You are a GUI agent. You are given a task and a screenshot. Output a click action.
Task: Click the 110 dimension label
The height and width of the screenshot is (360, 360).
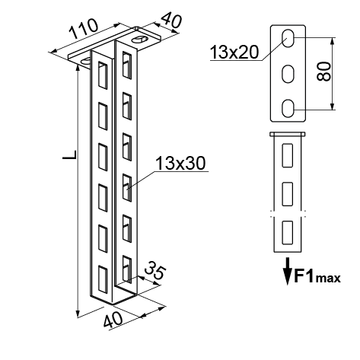pyautogui.click(x=84, y=29)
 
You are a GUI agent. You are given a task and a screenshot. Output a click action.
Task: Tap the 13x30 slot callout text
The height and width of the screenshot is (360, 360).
pyautogui.click(x=180, y=163)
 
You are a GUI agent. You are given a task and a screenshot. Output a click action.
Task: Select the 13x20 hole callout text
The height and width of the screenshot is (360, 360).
pyautogui.click(x=234, y=52)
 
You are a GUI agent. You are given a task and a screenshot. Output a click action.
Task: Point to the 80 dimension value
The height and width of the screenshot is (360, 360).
pyautogui.click(x=324, y=72)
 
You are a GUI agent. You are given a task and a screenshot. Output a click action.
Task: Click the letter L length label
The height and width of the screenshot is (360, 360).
pyautogui.click(x=69, y=155)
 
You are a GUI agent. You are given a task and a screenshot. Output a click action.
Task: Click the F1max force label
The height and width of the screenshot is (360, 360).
pyautogui.click(x=317, y=276)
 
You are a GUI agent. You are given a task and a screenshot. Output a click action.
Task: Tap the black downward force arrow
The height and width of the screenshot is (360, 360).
pyautogui.click(x=288, y=271)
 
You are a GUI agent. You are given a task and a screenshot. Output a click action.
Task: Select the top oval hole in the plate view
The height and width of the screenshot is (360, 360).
pyautogui.click(x=288, y=39)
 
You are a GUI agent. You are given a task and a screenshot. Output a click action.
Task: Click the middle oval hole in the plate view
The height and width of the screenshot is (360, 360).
pyautogui.click(x=288, y=74)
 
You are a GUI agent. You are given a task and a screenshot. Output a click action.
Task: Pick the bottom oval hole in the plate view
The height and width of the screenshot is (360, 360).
pyautogui.click(x=288, y=109)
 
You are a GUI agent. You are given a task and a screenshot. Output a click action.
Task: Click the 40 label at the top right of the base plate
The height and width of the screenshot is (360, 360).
pyautogui.click(x=172, y=21)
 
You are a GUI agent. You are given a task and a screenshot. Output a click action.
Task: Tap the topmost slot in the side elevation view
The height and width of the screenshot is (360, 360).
pyautogui.click(x=288, y=155)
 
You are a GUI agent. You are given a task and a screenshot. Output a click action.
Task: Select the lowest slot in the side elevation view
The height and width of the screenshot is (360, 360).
pyautogui.click(x=288, y=233)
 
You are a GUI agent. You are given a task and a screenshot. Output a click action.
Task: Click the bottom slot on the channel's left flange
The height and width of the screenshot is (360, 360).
pyautogui.click(x=103, y=279)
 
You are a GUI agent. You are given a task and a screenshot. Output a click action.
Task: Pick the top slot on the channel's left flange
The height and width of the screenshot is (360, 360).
pyautogui.click(x=103, y=75)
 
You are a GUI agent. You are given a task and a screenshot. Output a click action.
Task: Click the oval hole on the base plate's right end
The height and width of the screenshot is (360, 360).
pyautogui.click(x=139, y=40)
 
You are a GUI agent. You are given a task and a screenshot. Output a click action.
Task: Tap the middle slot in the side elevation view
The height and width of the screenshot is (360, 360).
pyautogui.click(x=288, y=194)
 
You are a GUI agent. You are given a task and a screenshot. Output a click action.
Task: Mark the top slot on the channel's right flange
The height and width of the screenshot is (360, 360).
pyautogui.click(x=127, y=65)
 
